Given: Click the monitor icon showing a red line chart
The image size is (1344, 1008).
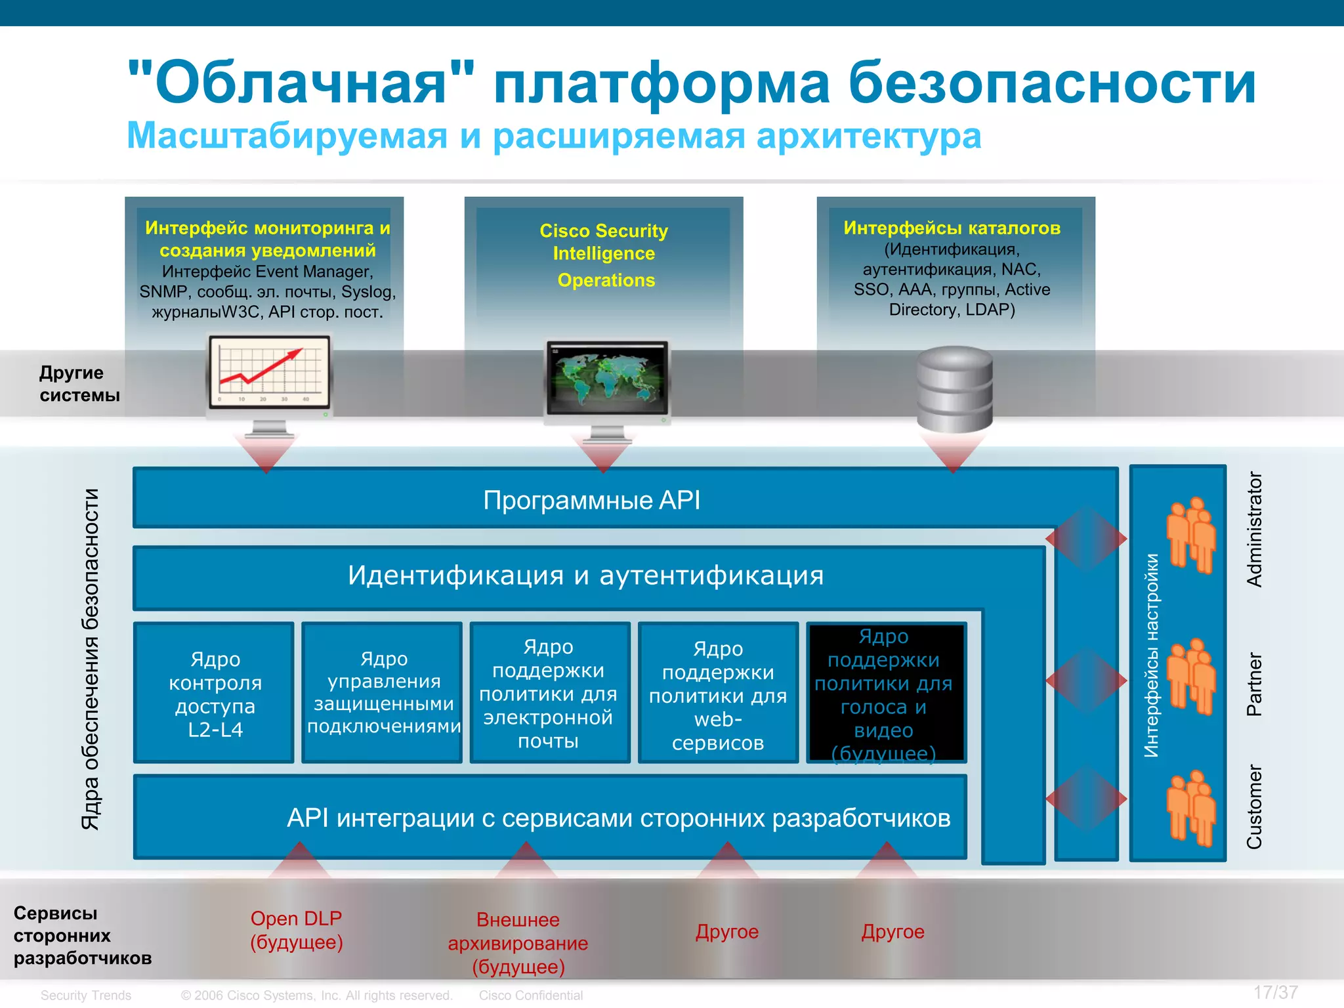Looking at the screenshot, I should click(x=269, y=374).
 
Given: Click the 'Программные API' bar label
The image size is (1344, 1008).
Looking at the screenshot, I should click(x=591, y=500).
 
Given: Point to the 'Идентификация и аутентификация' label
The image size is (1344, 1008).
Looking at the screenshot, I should click(x=585, y=576).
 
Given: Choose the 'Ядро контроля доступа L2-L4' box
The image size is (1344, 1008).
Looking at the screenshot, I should click(x=215, y=693).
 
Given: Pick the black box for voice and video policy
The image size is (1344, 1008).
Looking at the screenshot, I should click(x=887, y=693).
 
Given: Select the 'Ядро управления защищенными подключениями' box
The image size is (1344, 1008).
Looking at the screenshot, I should click(x=383, y=693).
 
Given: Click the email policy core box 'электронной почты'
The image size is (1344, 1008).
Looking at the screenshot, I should click(x=549, y=693).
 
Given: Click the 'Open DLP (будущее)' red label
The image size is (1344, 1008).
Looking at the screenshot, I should click(x=297, y=930).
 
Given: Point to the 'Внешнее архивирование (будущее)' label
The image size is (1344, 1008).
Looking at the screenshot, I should click(x=518, y=942).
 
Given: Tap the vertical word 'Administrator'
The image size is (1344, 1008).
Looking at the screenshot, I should click(x=1254, y=529).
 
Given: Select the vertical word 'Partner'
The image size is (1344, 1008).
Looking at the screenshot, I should click(x=1254, y=684).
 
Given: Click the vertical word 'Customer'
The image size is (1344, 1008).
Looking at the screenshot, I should click(x=1254, y=807).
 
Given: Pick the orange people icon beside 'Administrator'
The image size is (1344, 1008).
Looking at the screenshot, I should click(x=1190, y=534).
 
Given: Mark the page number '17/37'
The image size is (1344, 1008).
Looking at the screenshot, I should click(x=1275, y=992).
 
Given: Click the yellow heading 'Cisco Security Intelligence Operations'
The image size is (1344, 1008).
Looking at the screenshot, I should click(x=604, y=255).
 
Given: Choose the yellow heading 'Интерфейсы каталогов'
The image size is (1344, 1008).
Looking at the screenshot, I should click(x=952, y=228).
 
